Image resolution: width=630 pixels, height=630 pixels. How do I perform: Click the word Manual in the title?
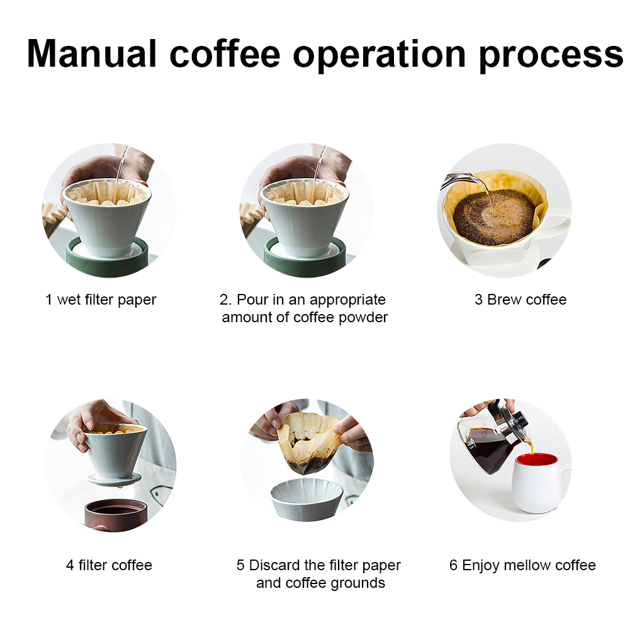[x=91, y=54]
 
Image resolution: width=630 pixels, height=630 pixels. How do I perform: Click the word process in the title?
[x=551, y=56]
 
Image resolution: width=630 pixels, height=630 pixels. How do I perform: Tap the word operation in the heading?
[x=380, y=56]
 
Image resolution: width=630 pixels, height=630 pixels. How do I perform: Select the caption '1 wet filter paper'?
[x=101, y=300]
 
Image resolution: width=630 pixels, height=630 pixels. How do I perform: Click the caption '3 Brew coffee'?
[x=520, y=300]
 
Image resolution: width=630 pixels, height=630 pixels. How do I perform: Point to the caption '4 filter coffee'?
[x=109, y=565]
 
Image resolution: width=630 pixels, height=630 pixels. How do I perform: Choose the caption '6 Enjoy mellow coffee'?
[x=522, y=565]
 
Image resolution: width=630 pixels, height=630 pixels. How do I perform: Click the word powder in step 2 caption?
[x=363, y=318]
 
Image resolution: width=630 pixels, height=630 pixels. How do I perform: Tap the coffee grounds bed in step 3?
[x=494, y=217]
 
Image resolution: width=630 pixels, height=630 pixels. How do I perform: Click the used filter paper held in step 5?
[x=307, y=442]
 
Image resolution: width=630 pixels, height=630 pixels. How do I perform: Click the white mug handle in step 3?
[x=558, y=225]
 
